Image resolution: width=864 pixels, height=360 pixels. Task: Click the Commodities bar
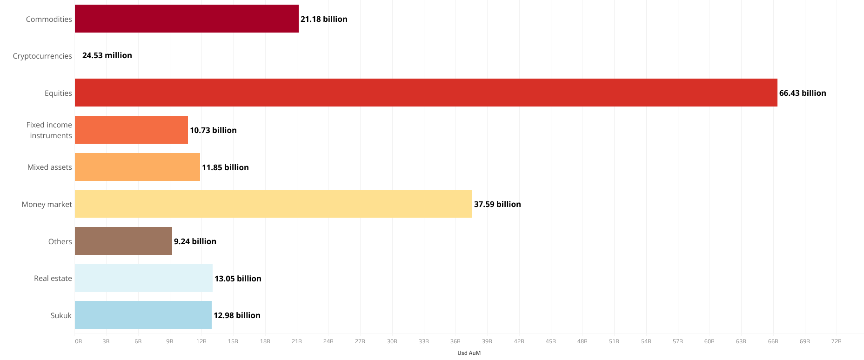[x=186, y=19]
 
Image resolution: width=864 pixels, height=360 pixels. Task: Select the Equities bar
[x=426, y=93]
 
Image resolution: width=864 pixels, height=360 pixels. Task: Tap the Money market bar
[x=273, y=204]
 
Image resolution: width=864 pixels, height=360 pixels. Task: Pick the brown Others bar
[x=123, y=241]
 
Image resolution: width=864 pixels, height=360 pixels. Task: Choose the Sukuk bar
[x=143, y=315]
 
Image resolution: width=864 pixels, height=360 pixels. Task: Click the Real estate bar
[x=143, y=278]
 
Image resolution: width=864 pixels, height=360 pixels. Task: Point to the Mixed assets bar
[x=137, y=167]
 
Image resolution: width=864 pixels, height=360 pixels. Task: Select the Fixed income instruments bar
[x=131, y=130]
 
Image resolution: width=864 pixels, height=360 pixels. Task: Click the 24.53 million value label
[x=107, y=55]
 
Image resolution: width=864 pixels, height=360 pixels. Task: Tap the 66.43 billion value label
[x=803, y=93]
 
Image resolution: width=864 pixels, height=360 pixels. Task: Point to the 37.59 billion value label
[x=497, y=204]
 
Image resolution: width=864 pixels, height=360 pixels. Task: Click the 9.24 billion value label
[x=195, y=241]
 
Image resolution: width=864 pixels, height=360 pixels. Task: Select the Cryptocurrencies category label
[x=42, y=56]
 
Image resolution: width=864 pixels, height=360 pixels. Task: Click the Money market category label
[x=47, y=204]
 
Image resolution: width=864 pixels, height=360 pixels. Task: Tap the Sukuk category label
[x=61, y=315]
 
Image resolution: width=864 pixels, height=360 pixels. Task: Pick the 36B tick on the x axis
[x=455, y=341]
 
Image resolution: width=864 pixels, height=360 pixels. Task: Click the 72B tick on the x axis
[x=836, y=341]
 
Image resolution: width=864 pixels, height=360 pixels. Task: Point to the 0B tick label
[x=78, y=341]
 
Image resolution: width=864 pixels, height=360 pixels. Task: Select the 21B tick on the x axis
[x=296, y=341]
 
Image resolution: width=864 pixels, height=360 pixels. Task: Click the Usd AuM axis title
[x=469, y=353]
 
